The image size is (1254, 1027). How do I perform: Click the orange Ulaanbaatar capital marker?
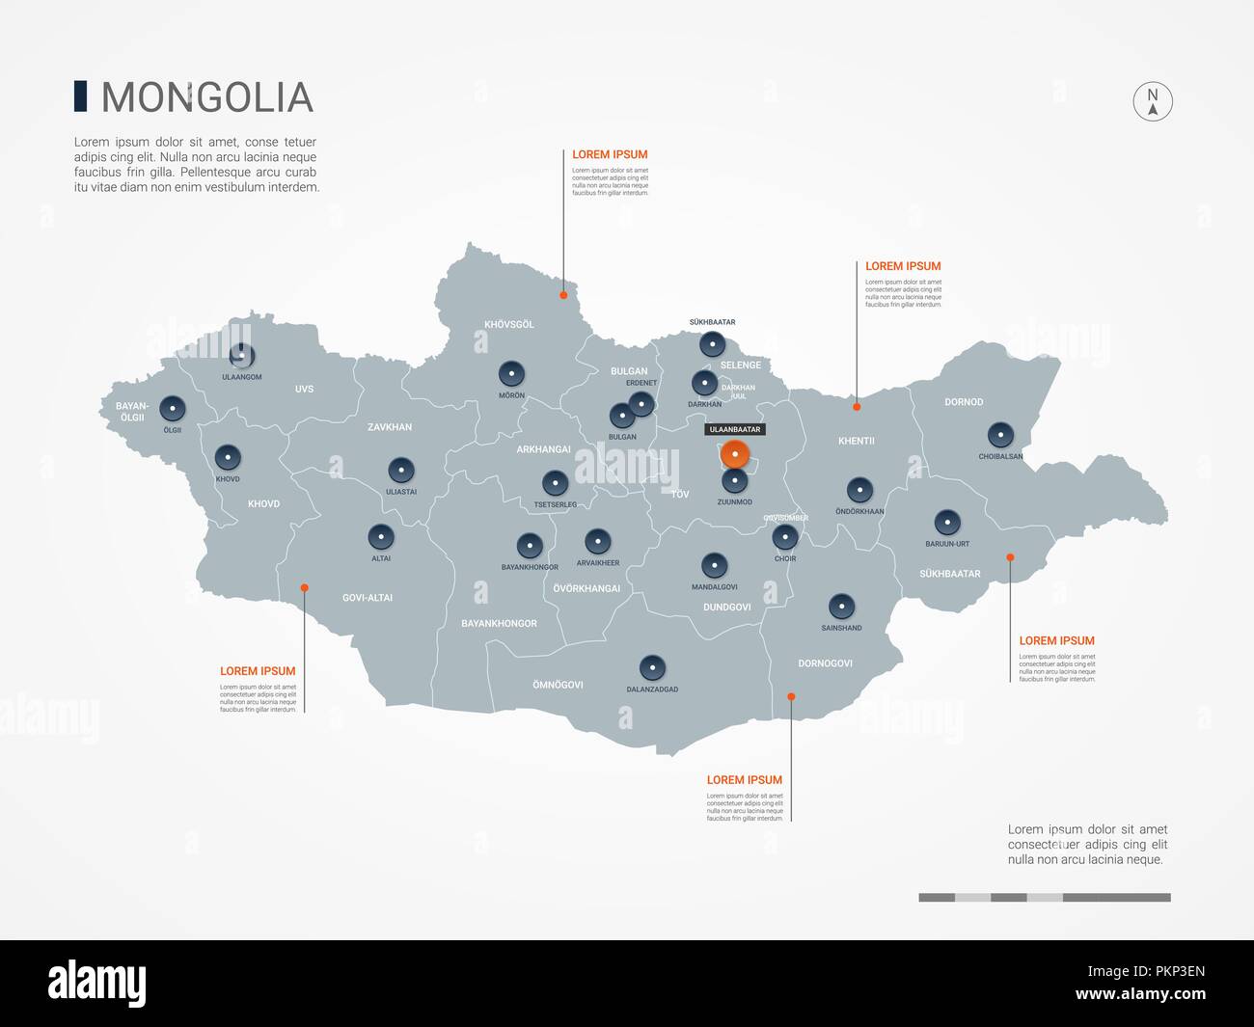point(735,454)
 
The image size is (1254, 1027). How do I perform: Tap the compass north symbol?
point(1152,101)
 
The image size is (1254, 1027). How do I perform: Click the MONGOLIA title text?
point(206,97)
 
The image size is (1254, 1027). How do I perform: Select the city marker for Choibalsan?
point(1000,435)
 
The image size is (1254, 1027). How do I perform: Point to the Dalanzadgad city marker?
point(652,667)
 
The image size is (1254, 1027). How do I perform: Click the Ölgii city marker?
point(173,409)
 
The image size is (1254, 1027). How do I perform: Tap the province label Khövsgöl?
point(508,325)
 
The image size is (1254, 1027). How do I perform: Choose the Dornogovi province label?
point(825,663)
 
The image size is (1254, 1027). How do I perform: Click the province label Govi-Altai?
point(368,598)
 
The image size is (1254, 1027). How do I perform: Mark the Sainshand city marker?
point(841,607)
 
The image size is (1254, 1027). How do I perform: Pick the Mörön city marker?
point(511,374)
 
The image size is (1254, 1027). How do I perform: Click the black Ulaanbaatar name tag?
point(734,429)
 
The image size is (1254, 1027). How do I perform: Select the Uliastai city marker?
point(401,472)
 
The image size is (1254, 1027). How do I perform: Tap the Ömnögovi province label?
point(558,686)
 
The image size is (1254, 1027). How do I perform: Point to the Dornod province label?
point(964,402)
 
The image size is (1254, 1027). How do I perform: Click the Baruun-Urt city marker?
point(948,523)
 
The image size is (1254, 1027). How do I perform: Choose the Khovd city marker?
point(228,457)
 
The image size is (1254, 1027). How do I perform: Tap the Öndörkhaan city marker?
point(859,490)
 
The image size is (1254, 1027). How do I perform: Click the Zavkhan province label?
point(390,427)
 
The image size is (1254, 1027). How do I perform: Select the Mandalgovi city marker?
point(714,565)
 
